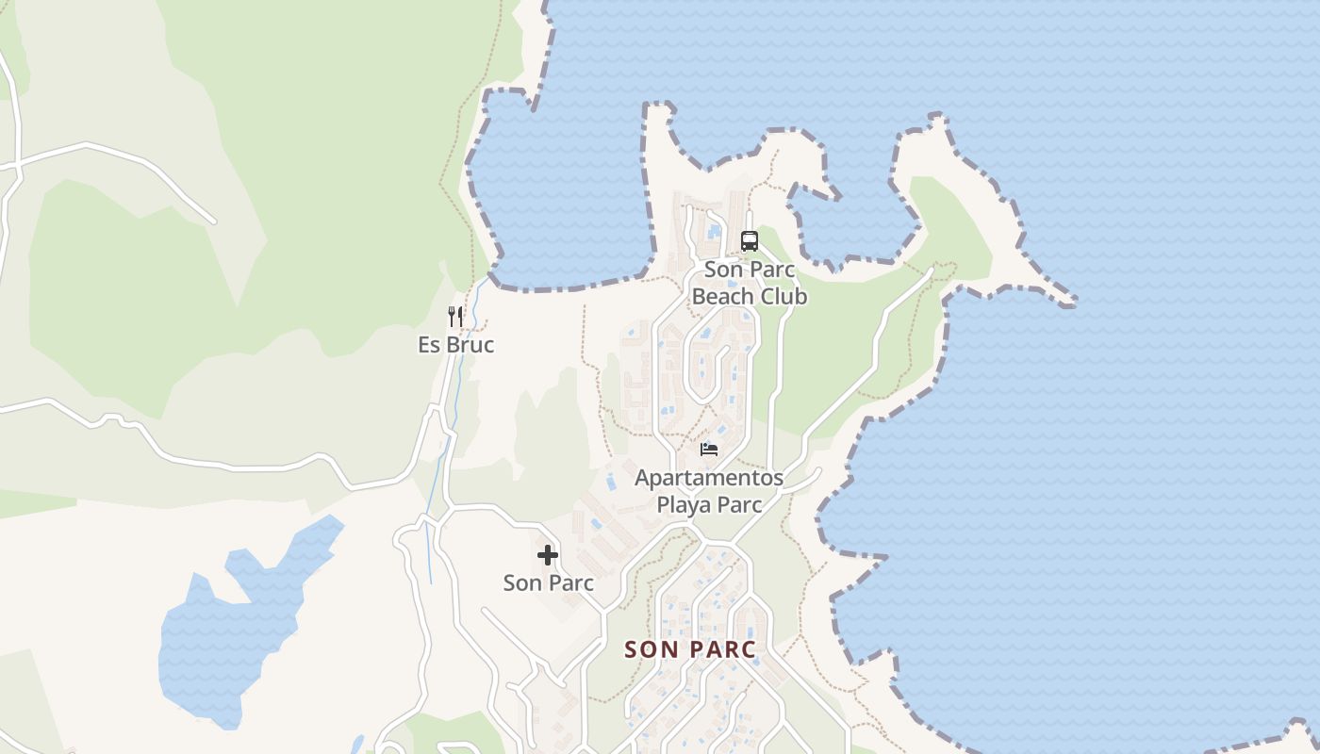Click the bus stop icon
pos(750,241)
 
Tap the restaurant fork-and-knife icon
pos(456,317)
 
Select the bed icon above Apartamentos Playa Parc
pos(709,449)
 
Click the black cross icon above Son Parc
pos(548,555)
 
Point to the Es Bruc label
pos(456,345)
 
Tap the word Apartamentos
pos(709,478)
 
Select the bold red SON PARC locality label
pos(690,649)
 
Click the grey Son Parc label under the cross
pos(549,582)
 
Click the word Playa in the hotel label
pos(684,504)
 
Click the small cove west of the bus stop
pos(556,198)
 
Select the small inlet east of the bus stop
pos(849,226)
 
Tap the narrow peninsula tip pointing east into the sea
pos(1065,301)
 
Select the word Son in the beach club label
pos(724,270)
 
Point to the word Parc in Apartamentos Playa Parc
pos(738,504)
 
